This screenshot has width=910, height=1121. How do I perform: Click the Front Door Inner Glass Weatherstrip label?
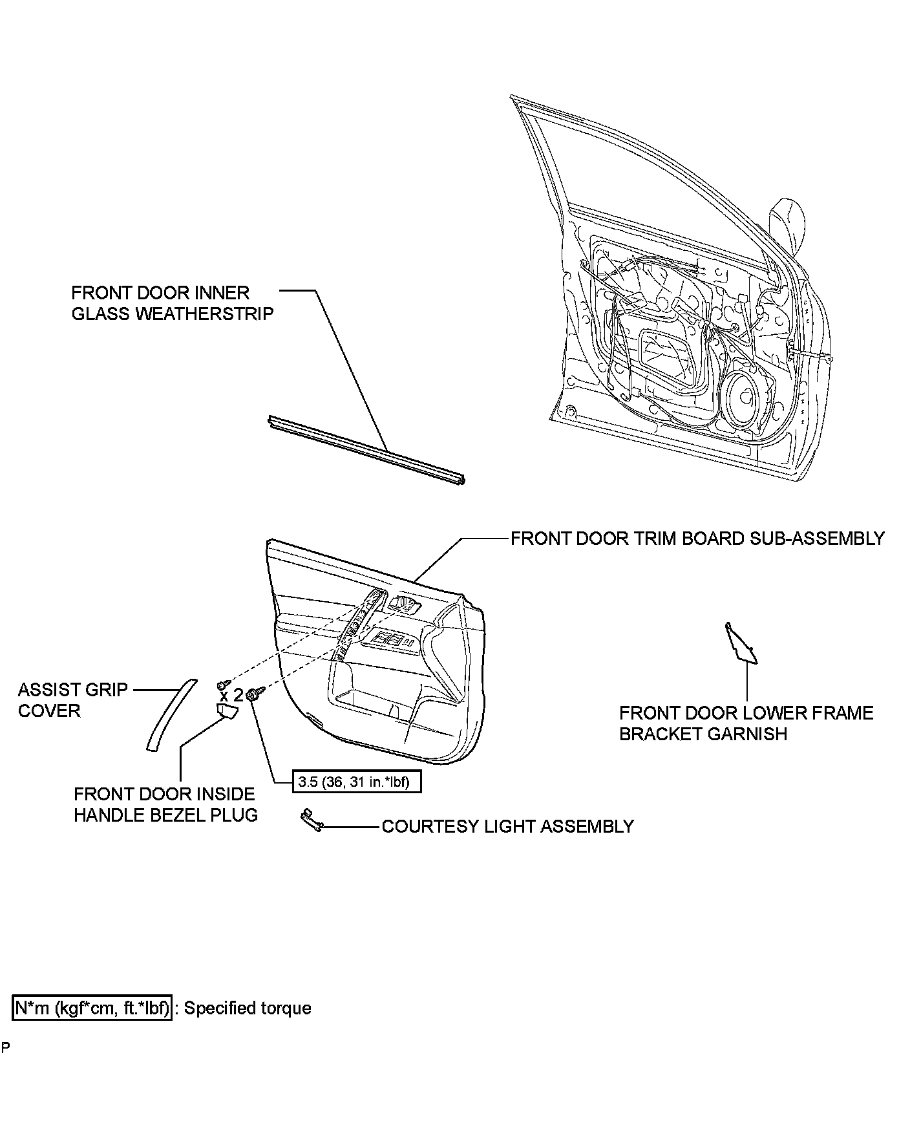(172, 303)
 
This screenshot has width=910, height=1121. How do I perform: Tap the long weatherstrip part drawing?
(366, 449)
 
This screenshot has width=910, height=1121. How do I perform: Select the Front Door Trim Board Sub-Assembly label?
(697, 539)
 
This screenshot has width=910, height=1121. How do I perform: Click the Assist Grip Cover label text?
(72, 700)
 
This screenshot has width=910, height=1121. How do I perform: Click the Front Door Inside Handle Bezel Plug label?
(165, 804)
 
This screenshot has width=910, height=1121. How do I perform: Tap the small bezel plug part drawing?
(226, 712)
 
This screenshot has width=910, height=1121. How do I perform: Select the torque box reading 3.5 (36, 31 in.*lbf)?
(357, 783)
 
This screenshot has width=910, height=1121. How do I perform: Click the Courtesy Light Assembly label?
(507, 826)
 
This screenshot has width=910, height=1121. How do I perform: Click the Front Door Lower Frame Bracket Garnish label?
(746, 723)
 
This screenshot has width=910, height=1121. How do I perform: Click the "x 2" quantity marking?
(231, 696)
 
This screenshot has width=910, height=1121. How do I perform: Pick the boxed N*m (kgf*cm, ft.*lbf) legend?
(92, 1008)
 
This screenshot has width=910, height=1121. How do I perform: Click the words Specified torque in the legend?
(248, 1008)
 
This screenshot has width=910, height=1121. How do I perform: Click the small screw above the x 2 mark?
(222, 683)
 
